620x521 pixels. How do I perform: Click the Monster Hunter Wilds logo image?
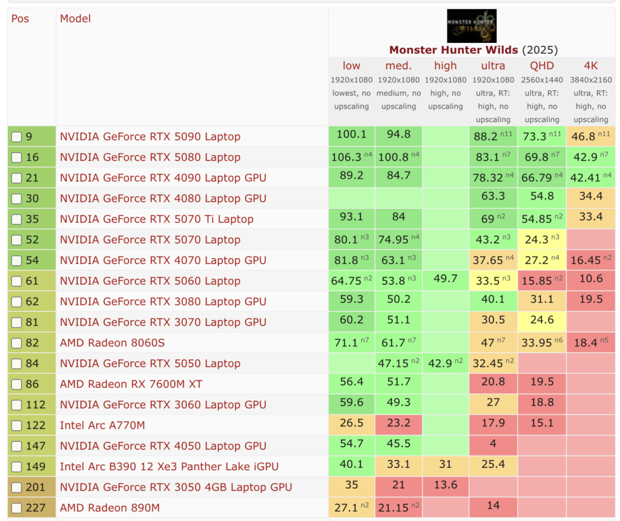coord(471,25)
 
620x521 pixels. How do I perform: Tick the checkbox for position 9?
coord(17,137)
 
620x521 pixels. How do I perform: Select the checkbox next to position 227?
coord(17,508)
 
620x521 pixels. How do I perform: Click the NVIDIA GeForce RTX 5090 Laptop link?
coord(150,137)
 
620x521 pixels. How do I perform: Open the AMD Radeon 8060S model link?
coord(112,343)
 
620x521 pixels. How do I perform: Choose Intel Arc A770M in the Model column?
coord(102,425)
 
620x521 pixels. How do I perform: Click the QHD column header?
coord(541,65)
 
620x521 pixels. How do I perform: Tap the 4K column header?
coord(590,65)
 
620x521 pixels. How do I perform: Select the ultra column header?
coord(493,65)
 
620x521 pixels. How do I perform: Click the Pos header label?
coord(20,19)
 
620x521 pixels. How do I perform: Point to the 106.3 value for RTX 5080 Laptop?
coord(347,158)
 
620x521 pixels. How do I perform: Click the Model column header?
coord(75,19)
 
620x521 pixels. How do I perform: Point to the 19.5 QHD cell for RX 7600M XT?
coord(541,384)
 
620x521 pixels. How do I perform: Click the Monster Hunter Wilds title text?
coord(453,50)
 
